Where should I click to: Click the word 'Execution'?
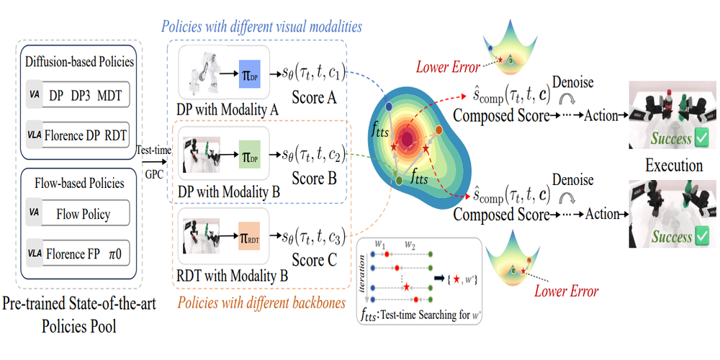pos(673,165)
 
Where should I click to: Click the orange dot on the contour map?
pos(438,130)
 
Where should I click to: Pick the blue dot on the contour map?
pos(388,107)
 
